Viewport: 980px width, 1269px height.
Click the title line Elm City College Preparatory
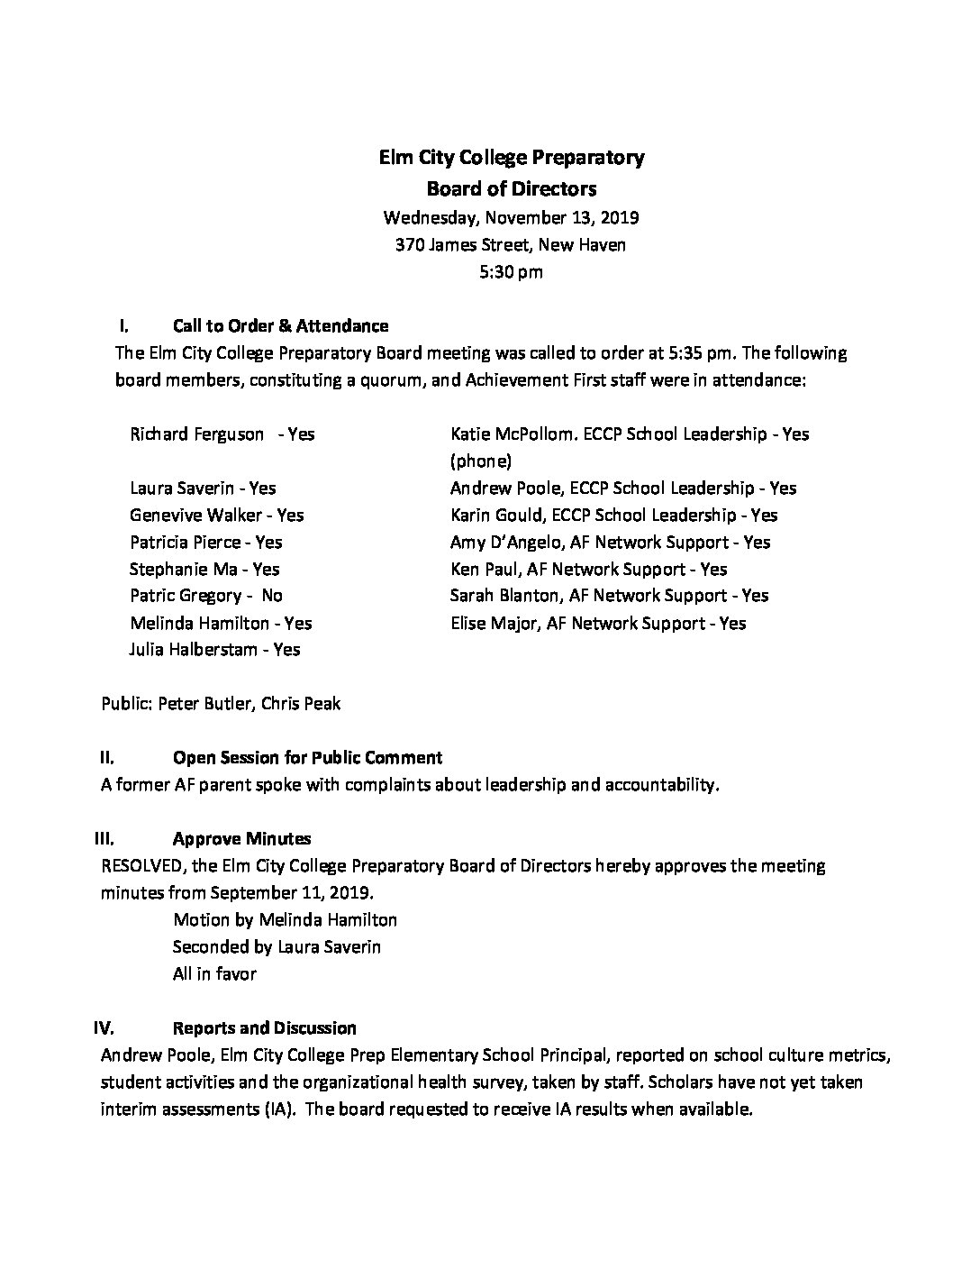click(x=511, y=158)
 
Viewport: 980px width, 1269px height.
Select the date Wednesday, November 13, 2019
click(x=511, y=217)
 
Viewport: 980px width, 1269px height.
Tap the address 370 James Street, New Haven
click(x=511, y=244)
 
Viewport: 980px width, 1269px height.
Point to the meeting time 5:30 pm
click(x=511, y=271)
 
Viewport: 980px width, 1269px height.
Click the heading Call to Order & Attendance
click(x=280, y=326)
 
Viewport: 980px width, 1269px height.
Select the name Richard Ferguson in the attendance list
click(x=197, y=434)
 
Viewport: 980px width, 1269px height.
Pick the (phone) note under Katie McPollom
click(x=481, y=461)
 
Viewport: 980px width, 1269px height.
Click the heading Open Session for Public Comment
click(x=307, y=758)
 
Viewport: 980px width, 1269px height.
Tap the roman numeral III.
click(x=104, y=839)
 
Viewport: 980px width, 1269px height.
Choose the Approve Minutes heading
click(x=241, y=839)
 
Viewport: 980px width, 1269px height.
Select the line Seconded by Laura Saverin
click(x=277, y=947)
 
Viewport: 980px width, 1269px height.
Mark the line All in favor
click(x=214, y=974)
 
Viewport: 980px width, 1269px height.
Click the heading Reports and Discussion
click(x=264, y=1028)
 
